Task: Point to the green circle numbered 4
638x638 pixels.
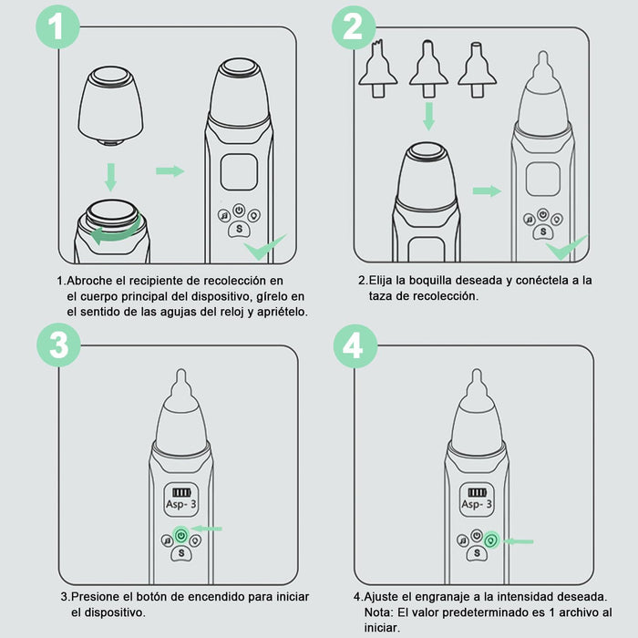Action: point(354,346)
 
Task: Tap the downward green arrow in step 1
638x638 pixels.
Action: point(110,177)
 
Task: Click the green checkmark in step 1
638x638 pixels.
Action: point(267,246)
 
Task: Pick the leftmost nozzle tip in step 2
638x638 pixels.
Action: point(380,68)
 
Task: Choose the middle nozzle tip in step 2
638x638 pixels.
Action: point(427,68)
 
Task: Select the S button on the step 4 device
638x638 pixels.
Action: point(476,552)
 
